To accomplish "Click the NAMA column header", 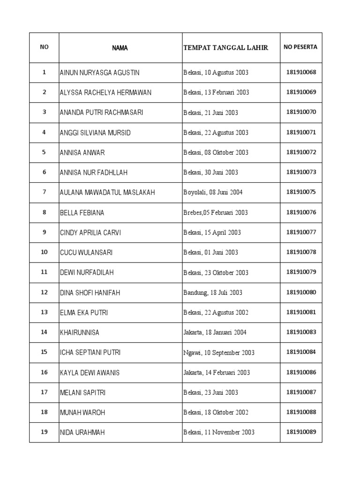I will [x=120, y=48].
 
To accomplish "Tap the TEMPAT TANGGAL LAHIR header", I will [x=225, y=48].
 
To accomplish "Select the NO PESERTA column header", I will [x=300, y=47].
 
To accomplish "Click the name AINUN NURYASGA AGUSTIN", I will [x=99, y=73].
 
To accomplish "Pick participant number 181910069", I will [x=301, y=92].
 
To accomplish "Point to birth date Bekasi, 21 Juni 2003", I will [x=210, y=112].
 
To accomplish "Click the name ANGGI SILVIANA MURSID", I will [x=95, y=133].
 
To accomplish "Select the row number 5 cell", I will [x=44, y=152].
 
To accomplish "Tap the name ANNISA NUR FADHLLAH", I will [x=93, y=172].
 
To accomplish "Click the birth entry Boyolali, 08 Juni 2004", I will [x=213, y=192].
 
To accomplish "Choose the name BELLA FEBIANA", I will [x=82, y=212].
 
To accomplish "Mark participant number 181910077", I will [x=301, y=232].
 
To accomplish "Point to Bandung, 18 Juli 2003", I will [x=213, y=292].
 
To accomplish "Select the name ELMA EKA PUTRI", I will [x=84, y=312].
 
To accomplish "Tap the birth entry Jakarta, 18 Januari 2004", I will [x=215, y=332].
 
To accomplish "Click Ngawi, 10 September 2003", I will [x=218, y=352].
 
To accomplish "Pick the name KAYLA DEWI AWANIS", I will [x=90, y=373].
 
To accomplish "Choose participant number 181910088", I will [x=301, y=412].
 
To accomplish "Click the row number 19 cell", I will [x=44, y=432].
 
